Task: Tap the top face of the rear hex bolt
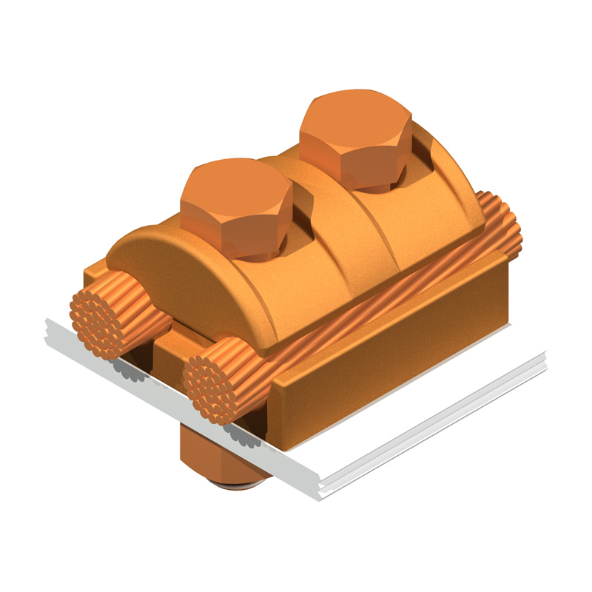click(354, 123)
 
